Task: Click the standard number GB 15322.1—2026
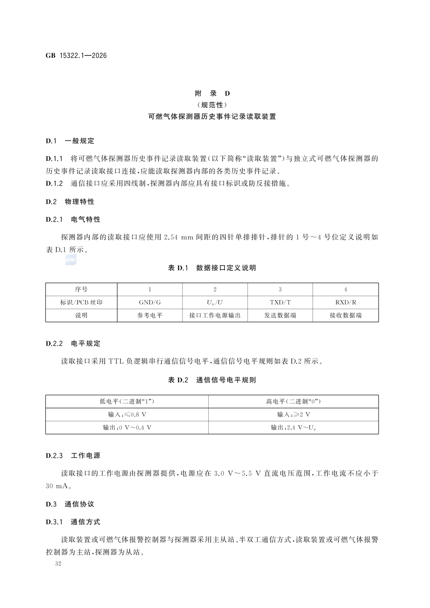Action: tap(76, 56)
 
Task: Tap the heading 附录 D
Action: tap(212, 94)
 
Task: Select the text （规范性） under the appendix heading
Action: tap(212, 105)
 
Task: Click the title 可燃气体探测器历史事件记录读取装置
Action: tap(212, 117)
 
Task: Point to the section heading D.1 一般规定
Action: tap(70, 141)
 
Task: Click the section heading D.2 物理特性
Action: tap(70, 202)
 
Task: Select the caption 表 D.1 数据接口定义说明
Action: tap(212, 268)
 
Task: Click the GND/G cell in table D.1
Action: tap(150, 302)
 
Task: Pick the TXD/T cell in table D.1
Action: tap(280, 302)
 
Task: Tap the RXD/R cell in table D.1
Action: tap(346, 302)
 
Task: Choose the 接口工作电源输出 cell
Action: tap(215, 315)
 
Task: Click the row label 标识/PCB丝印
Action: tap(81, 302)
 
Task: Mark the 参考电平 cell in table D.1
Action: tap(150, 315)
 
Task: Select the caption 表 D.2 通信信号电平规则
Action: tap(212, 380)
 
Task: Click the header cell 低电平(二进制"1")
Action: tap(127, 401)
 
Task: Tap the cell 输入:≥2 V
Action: tap(293, 414)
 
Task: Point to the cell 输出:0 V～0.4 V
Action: tap(127, 428)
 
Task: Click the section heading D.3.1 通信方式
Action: tap(73, 522)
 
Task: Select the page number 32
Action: tap(59, 563)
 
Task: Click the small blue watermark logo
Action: tap(71, 260)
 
